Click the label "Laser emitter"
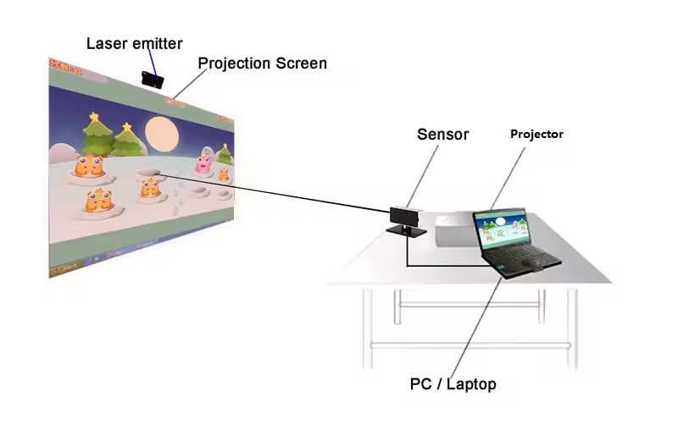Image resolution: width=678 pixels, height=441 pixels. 134,42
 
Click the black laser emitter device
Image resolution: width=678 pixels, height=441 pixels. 153,80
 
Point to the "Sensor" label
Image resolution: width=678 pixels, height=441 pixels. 442,134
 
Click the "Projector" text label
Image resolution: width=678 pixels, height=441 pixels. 536,134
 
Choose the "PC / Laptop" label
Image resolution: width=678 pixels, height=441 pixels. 453,384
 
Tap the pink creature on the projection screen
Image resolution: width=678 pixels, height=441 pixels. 204,164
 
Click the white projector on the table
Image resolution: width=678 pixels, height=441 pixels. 458,227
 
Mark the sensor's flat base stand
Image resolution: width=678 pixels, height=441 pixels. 406,229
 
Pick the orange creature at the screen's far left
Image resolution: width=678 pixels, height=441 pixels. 87,167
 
